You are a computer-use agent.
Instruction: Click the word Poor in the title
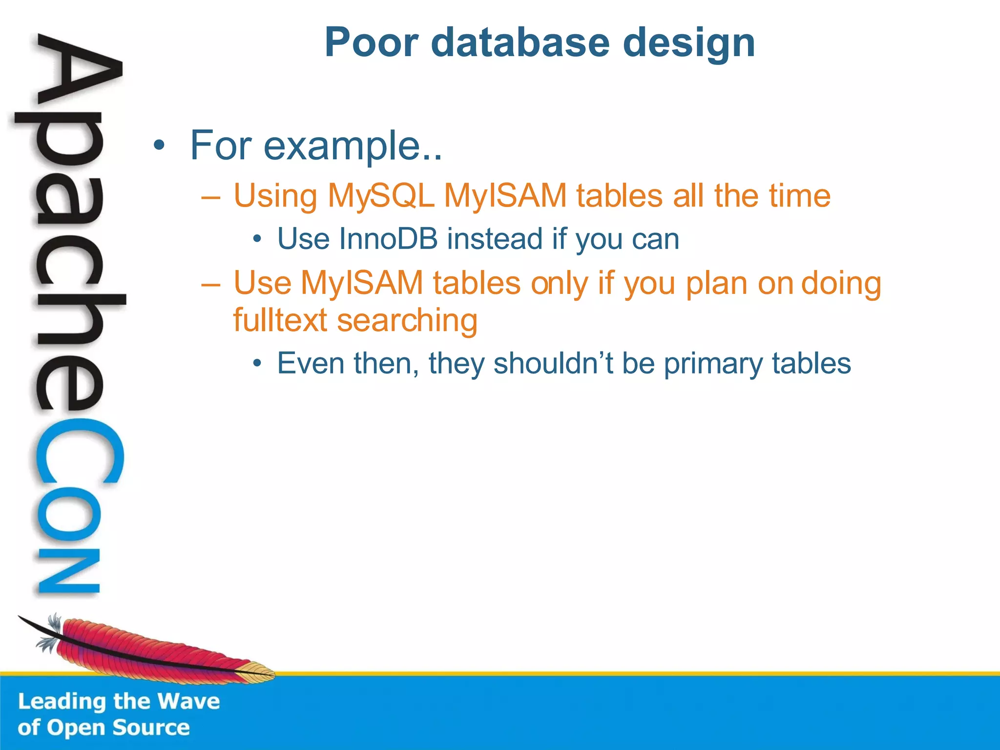372,43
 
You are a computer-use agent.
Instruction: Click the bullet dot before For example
159,146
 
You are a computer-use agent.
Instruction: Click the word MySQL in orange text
381,196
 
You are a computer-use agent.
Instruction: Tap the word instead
495,239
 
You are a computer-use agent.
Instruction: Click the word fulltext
280,320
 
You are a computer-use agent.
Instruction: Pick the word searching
407,321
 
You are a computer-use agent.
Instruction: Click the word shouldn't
553,363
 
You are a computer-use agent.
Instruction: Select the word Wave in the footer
188,701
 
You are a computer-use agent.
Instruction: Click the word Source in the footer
151,728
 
